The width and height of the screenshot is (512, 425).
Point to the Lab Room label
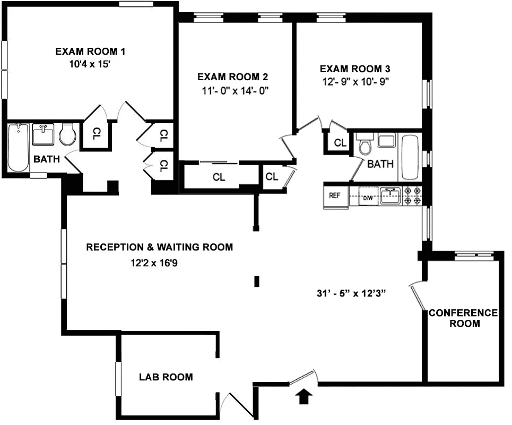[166, 377]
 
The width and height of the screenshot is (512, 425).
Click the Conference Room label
[463, 318]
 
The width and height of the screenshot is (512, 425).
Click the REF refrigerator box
[334, 195]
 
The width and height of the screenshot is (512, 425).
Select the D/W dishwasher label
[368, 199]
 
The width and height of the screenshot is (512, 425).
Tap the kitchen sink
[389, 194]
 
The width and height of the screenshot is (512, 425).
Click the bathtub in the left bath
[18, 148]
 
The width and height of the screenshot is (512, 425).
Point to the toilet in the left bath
[67, 135]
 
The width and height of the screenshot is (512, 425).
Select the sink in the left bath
[42, 135]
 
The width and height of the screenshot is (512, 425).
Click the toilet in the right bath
[365, 146]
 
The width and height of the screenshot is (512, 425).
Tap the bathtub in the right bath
[410, 157]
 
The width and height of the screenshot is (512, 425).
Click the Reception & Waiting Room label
[159, 247]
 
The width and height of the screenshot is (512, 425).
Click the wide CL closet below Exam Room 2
[219, 177]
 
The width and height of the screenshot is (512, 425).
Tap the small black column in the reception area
[257, 281]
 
